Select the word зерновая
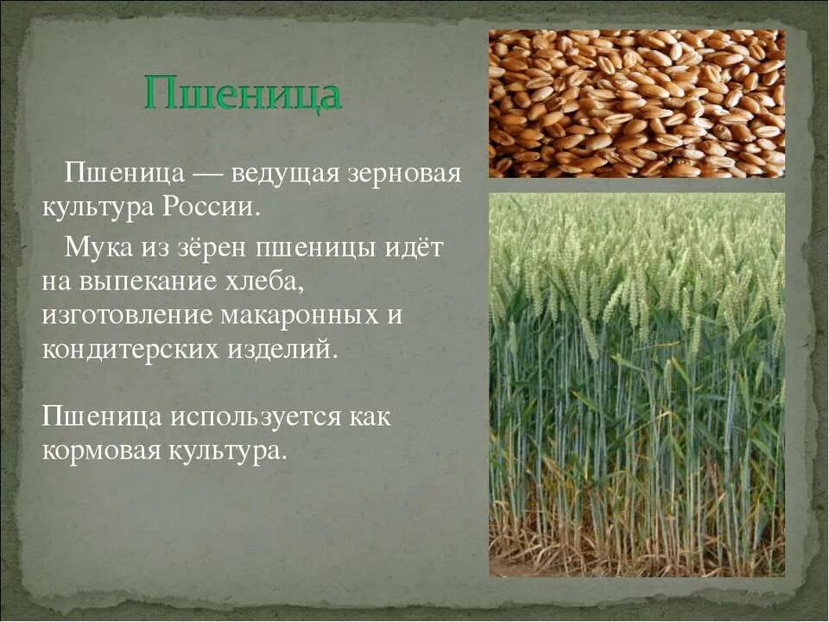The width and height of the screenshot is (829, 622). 404,173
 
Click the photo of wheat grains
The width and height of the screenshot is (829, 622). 636,104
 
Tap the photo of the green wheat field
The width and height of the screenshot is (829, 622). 636,384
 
